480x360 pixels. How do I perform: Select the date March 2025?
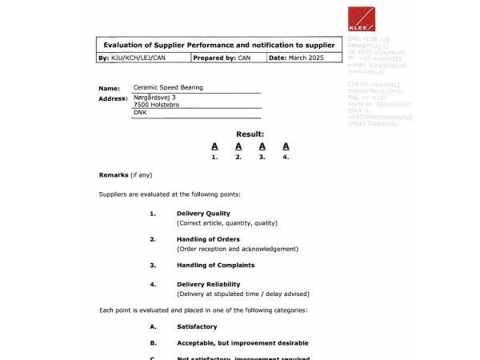click(x=307, y=58)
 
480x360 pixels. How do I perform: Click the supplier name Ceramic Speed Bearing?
click(x=168, y=87)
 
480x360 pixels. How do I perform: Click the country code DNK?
click(x=140, y=113)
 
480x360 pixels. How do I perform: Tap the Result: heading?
click(x=250, y=134)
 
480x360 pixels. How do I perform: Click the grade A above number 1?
click(x=214, y=146)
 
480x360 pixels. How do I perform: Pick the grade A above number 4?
click(x=286, y=146)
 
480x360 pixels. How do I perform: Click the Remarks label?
click(x=113, y=174)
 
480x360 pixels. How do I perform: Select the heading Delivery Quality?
click(x=203, y=214)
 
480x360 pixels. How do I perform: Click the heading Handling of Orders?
click(x=208, y=239)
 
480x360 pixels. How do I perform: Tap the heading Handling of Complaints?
click(x=215, y=265)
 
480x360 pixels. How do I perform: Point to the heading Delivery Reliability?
click(x=208, y=284)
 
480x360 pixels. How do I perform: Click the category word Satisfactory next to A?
click(x=197, y=326)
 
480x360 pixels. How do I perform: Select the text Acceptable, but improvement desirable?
click(x=242, y=342)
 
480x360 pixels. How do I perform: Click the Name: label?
click(x=109, y=88)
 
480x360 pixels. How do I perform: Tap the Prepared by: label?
click(x=214, y=58)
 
